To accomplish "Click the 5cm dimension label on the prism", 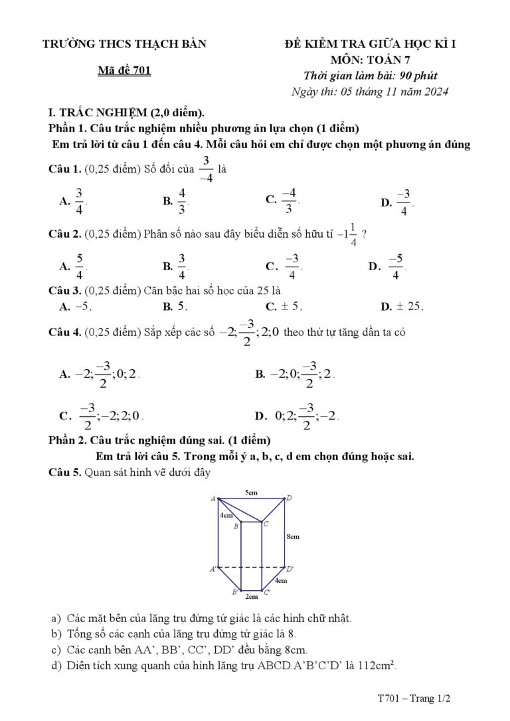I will [x=252, y=493].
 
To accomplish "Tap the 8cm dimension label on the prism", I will [x=294, y=536].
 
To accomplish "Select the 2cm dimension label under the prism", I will [x=251, y=597].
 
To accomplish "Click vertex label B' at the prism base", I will [x=234, y=591].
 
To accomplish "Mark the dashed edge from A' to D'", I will [x=252, y=568].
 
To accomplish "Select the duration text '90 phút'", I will [x=418, y=76].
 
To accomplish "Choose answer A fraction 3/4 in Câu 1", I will [x=79, y=201].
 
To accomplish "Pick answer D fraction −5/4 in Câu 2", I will [x=396, y=266].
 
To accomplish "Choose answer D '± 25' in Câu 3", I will [x=408, y=306].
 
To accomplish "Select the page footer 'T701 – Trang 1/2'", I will [x=414, y=698].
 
